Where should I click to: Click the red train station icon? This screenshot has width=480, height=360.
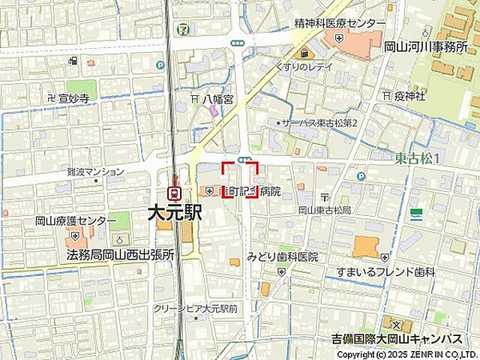(175, 193)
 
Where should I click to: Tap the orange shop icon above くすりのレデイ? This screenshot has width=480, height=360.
(304, 52)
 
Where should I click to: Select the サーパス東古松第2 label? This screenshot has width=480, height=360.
(323, 122)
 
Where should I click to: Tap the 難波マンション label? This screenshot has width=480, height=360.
(95, 172)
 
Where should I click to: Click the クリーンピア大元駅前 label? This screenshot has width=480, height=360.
(195, 308)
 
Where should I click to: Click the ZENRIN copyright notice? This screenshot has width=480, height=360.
(407, 354)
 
